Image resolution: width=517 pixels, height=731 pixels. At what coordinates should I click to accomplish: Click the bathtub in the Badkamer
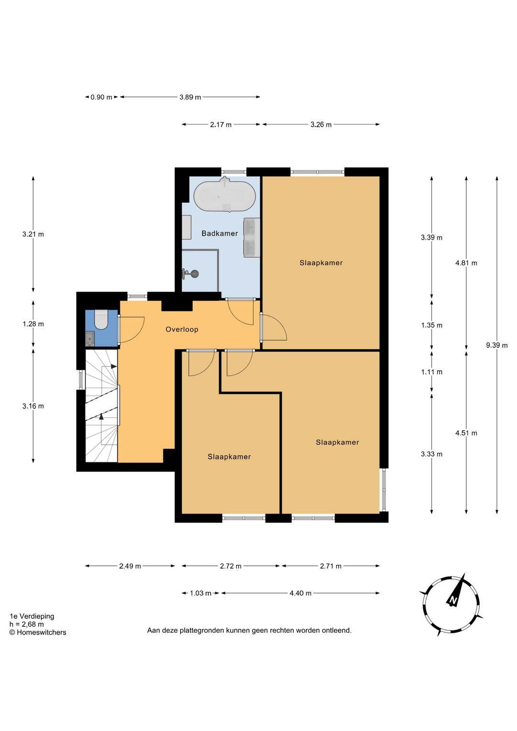224,196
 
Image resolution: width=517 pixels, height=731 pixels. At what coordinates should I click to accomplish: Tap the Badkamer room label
220,233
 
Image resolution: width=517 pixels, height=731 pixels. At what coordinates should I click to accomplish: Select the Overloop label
182,329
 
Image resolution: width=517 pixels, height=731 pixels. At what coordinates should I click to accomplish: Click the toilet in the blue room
101,320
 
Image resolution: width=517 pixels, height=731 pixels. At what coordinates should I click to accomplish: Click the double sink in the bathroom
252,238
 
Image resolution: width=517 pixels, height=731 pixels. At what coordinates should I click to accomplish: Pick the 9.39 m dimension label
496,345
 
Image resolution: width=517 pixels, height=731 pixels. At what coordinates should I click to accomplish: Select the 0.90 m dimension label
101,97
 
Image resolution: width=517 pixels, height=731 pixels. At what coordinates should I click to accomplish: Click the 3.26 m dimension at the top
321,125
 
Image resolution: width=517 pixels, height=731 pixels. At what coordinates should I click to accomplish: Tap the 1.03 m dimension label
201,593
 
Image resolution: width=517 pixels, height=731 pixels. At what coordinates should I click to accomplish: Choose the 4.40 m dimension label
300,593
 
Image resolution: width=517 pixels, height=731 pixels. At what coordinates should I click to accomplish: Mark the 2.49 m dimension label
130,566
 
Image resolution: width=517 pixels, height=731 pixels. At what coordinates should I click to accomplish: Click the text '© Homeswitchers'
38,632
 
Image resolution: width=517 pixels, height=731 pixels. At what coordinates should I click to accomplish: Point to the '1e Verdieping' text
32,616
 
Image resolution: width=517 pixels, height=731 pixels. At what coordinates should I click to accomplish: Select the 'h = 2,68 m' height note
27,624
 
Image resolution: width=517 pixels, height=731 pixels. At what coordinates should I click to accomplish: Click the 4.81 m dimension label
466,263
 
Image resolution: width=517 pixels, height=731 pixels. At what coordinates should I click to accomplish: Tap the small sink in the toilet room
90,339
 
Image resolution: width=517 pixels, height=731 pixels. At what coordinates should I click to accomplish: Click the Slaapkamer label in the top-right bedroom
321,263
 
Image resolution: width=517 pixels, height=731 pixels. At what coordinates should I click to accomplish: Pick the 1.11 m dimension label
431,372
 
